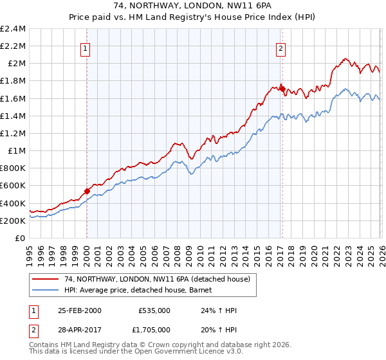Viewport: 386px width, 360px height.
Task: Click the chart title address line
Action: (x=192, y=5)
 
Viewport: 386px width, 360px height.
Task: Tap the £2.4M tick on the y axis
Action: (x=13, y=29)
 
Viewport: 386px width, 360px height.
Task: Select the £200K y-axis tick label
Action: (x=13, y=221)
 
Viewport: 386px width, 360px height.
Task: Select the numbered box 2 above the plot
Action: (x=282, y=47)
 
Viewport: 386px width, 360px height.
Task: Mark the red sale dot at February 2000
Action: (x=87, y=191)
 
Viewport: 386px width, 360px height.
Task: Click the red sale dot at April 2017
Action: (x=282, y=89)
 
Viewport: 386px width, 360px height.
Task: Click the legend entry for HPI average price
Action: (x=142, y=290)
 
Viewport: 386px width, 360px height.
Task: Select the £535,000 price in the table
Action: (x=154, y=310)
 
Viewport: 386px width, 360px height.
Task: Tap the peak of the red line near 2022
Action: (x=345, y=58)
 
